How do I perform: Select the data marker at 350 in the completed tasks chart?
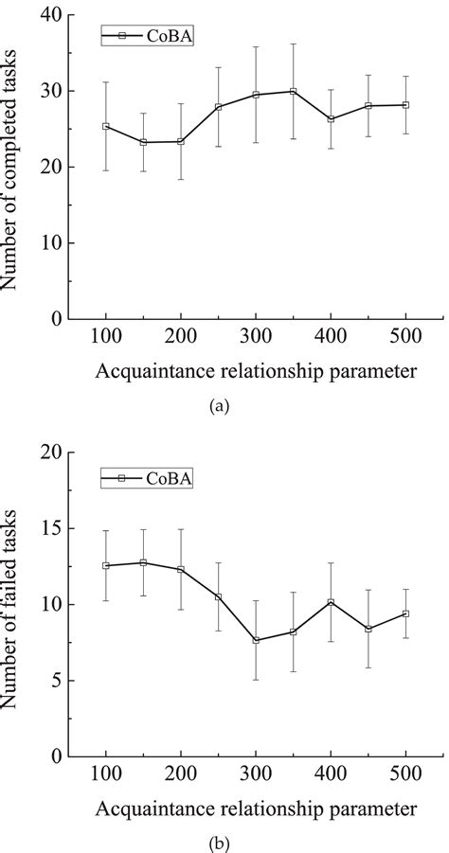293,91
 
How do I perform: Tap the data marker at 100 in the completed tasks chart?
105,126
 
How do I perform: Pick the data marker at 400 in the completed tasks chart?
331,119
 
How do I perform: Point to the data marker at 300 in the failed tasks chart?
256,640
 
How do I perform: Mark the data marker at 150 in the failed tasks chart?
143,562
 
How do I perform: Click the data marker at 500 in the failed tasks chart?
405,613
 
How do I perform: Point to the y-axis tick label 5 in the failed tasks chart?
54,681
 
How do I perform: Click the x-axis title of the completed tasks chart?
255,372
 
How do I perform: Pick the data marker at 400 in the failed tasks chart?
331,602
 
